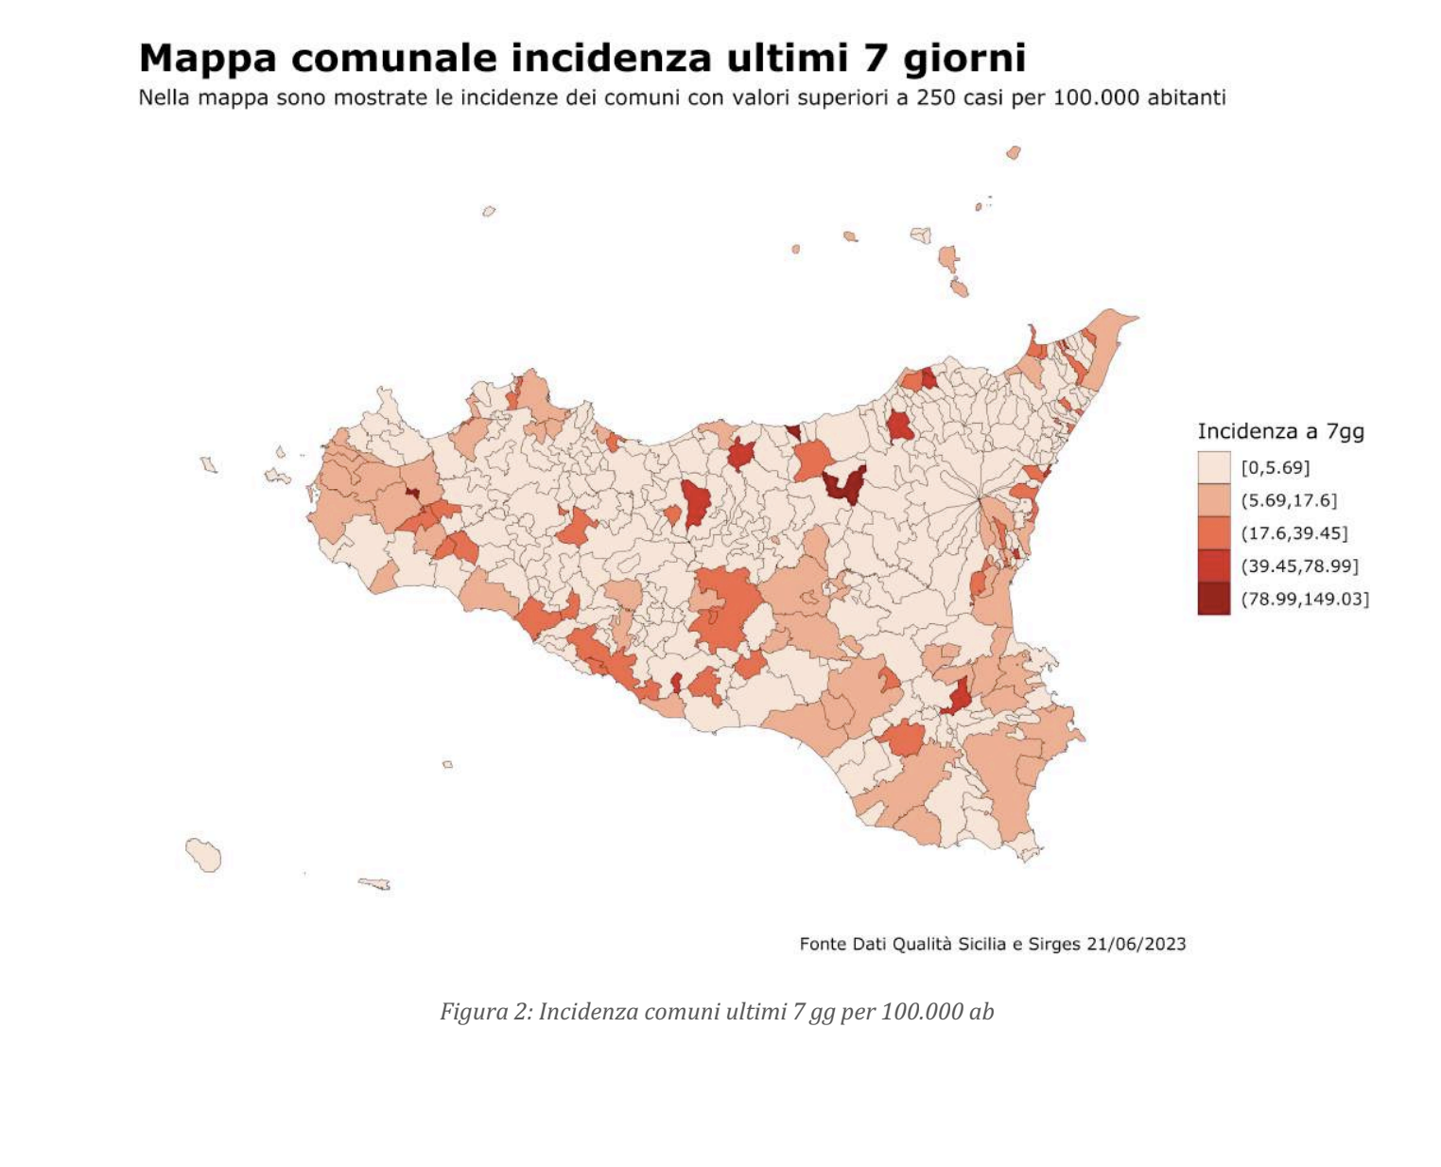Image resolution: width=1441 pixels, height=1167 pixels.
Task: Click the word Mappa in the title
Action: point(207,59)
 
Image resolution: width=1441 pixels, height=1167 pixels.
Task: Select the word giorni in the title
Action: point(964,59)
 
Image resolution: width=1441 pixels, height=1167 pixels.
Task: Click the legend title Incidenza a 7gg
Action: point(1280,432)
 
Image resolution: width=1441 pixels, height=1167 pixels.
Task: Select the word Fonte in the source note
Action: point(823,944)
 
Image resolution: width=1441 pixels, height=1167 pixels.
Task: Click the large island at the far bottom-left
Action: point(203,855)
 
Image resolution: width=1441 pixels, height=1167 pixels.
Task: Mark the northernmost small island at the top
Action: point(1014,152)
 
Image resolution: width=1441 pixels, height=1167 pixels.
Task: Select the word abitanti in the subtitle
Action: point(1186,97)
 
